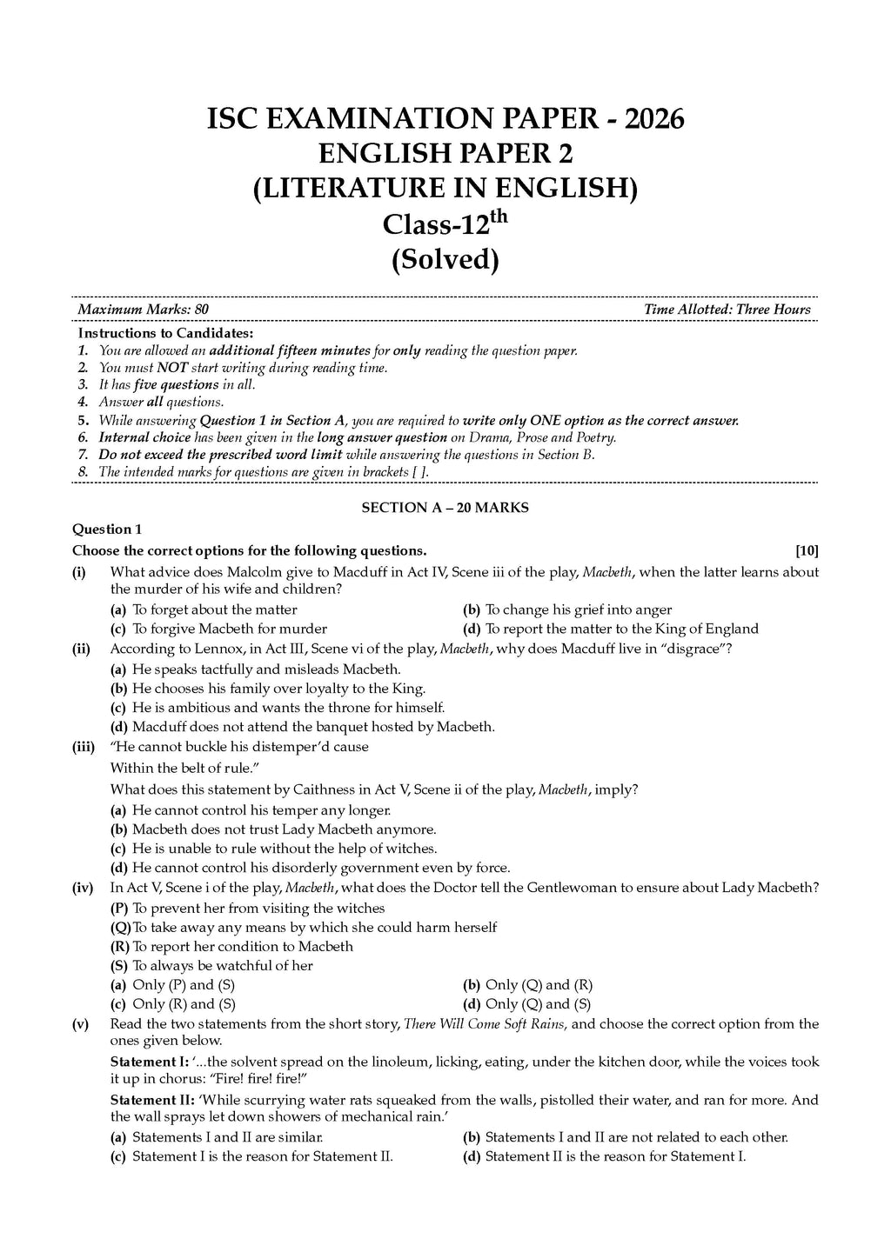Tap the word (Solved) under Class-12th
(445, 259)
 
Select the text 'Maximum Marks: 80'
(143, 310)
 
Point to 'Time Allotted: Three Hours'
(727, 310)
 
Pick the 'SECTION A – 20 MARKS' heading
(445, 508)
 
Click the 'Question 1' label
(106, 529)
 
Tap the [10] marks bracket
(807, 550)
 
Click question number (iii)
(84, 747)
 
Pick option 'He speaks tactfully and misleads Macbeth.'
(266, 669)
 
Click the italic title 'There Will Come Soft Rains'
(485, 1023)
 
